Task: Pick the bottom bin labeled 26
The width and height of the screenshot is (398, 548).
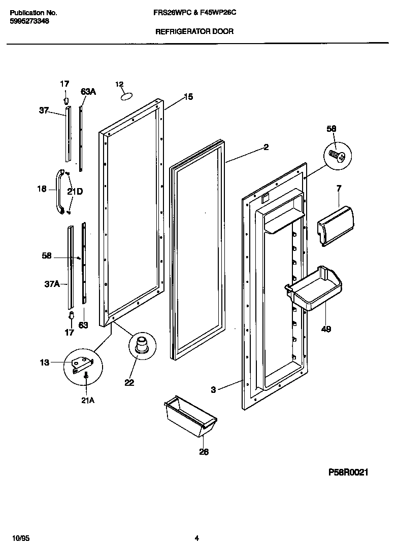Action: (x=190, y=417)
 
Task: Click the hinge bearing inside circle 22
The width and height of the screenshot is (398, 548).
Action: (x=141, y=344)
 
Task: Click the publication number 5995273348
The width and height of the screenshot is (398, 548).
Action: (x=30, y=22)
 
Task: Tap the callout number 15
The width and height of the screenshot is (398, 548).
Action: (x=188, y=97)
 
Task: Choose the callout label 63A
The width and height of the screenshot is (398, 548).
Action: (x=88, y=91)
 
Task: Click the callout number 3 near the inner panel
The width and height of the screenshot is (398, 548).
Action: (x=213, y=390)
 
